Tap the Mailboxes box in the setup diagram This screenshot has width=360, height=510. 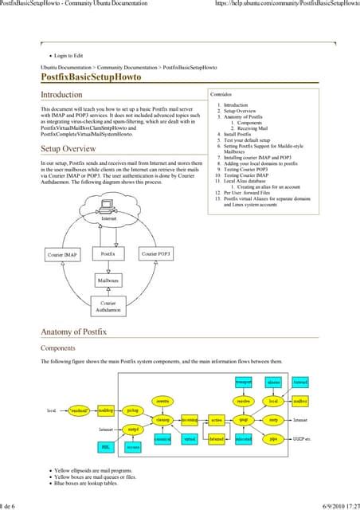point(108,281)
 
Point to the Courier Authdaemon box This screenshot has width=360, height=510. point(108,307)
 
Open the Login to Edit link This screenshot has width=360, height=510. point(69,56)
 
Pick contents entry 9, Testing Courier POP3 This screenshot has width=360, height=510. point(250,170)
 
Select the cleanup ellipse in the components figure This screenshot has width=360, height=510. point(163,419)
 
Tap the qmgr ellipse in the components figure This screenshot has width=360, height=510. point(244,419)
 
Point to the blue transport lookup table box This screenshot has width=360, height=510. point(244,383)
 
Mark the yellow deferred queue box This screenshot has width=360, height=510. point(217,439)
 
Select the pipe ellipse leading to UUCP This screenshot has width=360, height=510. point(273,439)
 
